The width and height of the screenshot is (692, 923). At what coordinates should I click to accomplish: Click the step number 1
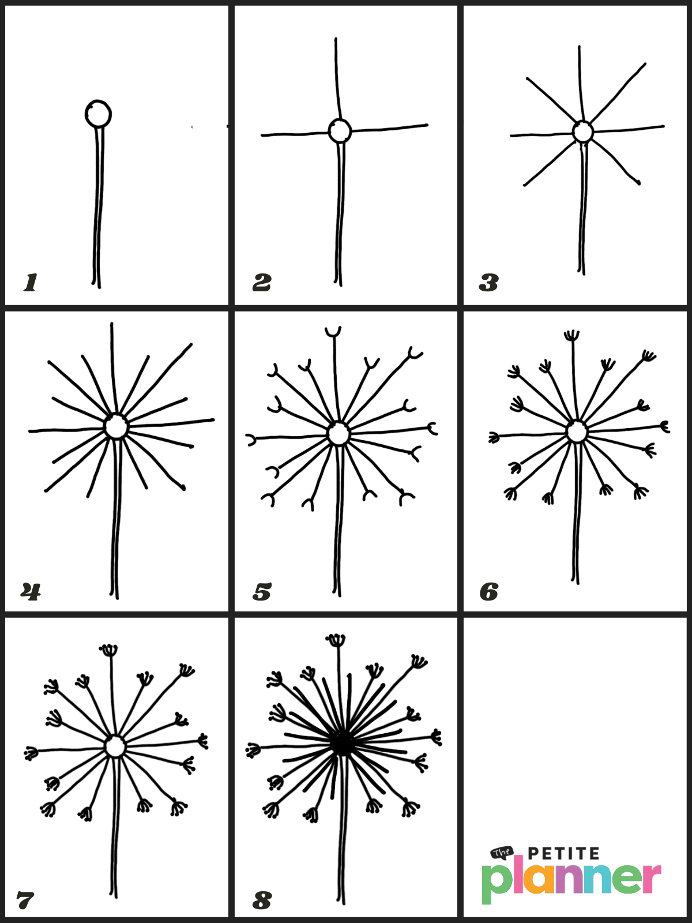coord(31,283)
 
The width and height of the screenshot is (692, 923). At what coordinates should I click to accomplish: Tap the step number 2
coord(262,283)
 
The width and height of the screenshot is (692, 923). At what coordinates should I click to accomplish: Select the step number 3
coord(488,283)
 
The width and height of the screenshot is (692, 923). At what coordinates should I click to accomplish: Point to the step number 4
coord(31,591)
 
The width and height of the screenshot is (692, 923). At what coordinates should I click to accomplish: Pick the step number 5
coord(262,592)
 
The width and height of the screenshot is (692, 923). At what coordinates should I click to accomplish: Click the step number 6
coord(489,592)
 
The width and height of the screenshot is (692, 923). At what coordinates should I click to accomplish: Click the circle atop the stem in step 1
coord(98,114)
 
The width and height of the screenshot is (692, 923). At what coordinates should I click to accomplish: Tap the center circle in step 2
coord(340,131)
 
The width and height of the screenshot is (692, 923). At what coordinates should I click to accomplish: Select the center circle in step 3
coord(583,132)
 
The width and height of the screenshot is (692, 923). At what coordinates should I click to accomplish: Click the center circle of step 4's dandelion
coord(116,427)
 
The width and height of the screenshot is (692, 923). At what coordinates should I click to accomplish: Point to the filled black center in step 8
coord(343,744)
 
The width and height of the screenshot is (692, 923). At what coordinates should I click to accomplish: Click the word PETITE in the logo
coord(563,853)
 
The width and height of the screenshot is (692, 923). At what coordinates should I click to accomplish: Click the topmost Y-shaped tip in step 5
coord(333,332)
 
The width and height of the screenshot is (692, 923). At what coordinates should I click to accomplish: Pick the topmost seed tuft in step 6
coord(571,335)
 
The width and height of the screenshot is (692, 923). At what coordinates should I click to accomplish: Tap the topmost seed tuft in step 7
coord(108,650)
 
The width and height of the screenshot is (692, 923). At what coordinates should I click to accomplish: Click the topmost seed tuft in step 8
coord(336,639)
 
